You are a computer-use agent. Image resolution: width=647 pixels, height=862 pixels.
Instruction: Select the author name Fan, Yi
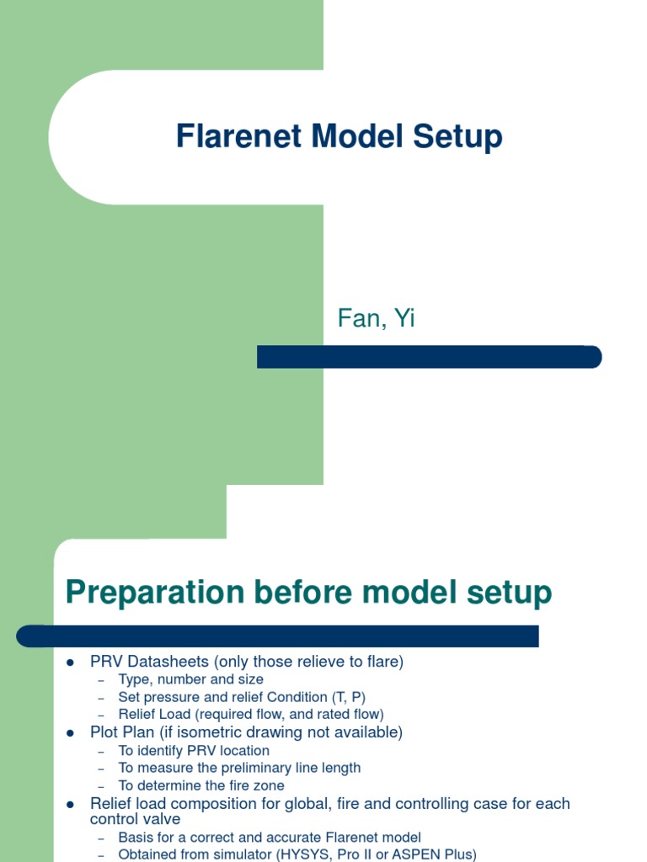tap(376, 319)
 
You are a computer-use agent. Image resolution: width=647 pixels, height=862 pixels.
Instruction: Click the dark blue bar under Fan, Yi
tap(429, 357)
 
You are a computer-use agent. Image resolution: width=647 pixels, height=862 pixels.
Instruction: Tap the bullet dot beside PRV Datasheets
tap(71, 662)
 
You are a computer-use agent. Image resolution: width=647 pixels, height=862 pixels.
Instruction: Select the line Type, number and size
tap(190, 679)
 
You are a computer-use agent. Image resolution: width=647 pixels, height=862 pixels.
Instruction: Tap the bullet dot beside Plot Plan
tap(71, 733)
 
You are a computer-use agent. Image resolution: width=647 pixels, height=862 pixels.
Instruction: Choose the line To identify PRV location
tap(194, 750)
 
